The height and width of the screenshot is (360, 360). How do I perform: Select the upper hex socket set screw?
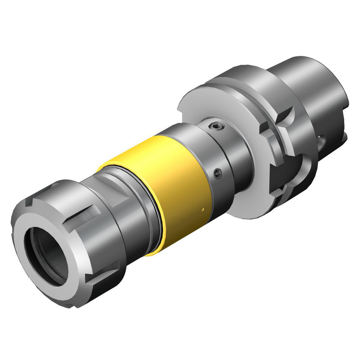click(x=215, y=126)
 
